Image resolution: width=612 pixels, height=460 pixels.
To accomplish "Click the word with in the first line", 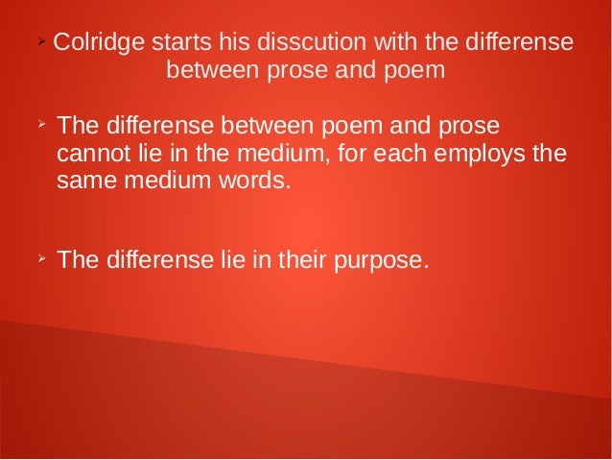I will [x=379, y=43].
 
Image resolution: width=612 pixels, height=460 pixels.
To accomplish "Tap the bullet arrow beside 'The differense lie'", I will [x=40, y=259].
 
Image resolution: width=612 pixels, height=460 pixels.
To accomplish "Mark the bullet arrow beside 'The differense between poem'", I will [x=40, y=125].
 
